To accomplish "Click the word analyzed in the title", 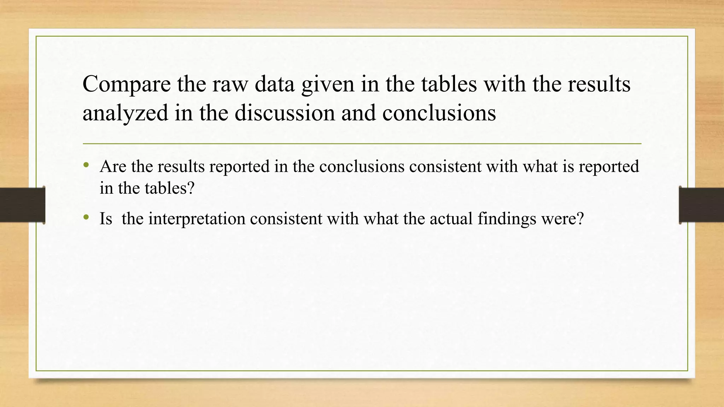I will tap(125, 114).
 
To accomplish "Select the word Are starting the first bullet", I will tap(113, 166).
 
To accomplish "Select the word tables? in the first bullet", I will tap(170, 188).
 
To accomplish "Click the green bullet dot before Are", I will tap(86, 165).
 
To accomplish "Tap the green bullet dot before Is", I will tap(86, 218).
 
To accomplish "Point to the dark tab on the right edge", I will tap(701, 205).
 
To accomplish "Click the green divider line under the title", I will tap(362, 144).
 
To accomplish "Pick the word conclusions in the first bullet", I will tap(362, 166).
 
